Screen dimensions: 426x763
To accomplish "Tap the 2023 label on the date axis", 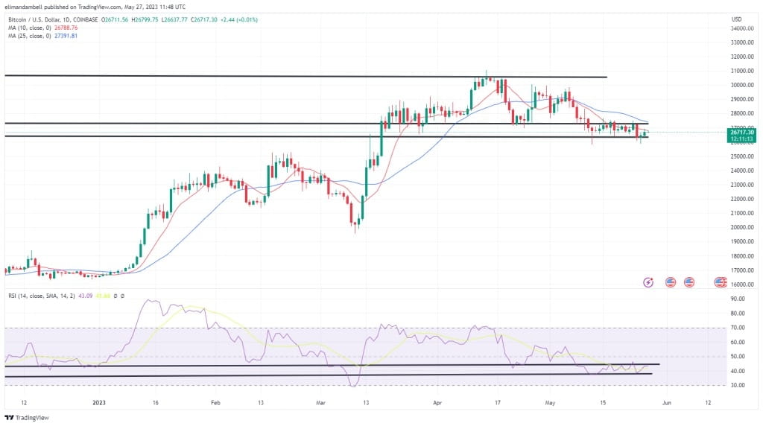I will tap(98, 402).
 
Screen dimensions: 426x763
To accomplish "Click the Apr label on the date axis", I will tap(438, 402).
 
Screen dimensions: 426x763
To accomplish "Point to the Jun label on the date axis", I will tap(667, 402).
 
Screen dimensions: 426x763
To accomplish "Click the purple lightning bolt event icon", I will tap(648, 282).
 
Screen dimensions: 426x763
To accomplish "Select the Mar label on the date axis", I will tap(320, 402).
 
